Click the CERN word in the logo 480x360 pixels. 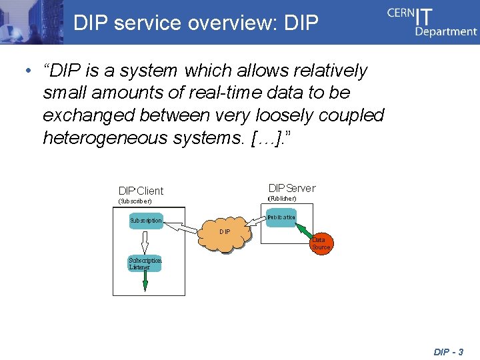coord(401,15)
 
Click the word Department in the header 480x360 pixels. coord(446,31)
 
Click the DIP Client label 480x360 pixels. coord(141,191)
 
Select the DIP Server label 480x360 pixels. coord(291,188)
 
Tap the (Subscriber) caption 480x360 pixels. coord(135,201)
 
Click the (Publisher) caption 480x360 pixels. coord(282,198)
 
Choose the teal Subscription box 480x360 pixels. coord(145,220)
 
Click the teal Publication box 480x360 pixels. coord(281,217)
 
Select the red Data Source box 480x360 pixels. coord(321,243)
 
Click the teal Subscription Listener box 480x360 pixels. coord(145,263)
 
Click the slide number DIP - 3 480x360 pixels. coord(448,351)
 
